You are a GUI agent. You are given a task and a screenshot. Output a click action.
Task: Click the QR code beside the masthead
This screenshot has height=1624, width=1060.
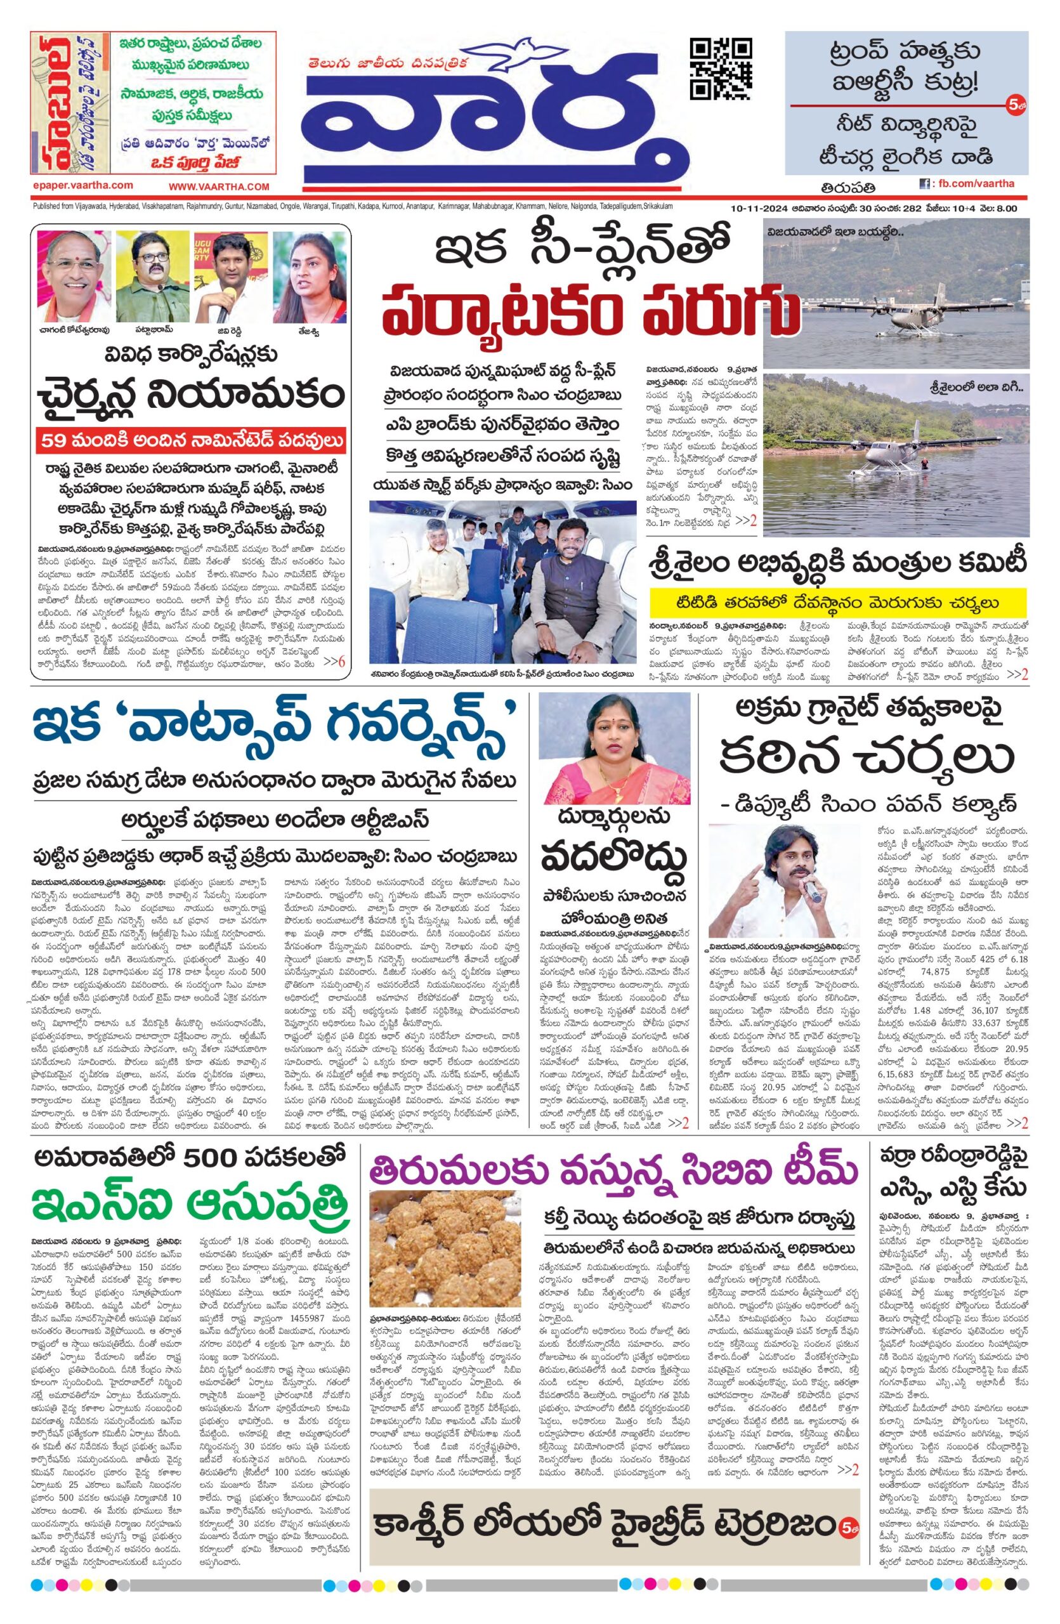721,69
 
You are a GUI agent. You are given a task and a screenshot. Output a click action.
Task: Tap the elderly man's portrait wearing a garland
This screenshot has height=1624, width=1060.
72,270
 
